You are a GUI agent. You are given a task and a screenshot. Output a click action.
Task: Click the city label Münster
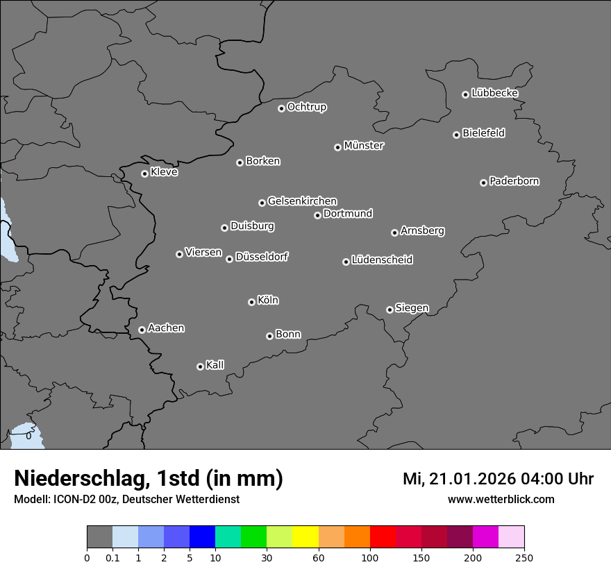click(x=364, y=146)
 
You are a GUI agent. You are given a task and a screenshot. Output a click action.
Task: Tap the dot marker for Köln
click(x=251, y=302)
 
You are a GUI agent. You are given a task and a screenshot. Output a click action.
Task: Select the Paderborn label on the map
click(x=514, y=181)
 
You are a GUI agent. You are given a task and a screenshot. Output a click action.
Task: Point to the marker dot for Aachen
click(x=142, y=330)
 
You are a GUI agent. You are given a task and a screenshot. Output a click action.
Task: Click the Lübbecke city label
click(x=494, y=93)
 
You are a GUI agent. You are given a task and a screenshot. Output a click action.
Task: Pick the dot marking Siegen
click(x=390, y=310)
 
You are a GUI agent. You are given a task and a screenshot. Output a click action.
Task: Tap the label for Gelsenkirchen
click(x=302, y=201)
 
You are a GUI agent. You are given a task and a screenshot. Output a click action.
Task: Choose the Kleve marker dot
click(x=144, y=173)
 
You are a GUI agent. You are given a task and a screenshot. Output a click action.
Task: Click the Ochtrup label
click(x=307, y=107)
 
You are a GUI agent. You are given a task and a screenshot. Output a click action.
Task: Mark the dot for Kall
click(x=200, y=366)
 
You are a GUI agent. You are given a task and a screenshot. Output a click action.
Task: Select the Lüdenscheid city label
click(x=382, y=260)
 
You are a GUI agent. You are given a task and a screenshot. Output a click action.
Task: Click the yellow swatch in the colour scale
click(x=305, y=537)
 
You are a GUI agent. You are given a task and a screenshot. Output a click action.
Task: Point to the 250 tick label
click(x=524, y=557)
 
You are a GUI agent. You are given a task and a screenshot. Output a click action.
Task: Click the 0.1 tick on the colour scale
click(x=112, y=557)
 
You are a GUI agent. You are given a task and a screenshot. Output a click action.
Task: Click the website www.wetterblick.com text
click(x=501, y=499)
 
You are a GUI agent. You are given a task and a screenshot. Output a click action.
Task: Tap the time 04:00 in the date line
click(x=534, y=479)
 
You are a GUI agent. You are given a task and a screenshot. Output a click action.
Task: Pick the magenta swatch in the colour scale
click(x=485, y=537)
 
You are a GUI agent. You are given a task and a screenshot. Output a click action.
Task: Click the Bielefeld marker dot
click(x=456, y=135)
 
